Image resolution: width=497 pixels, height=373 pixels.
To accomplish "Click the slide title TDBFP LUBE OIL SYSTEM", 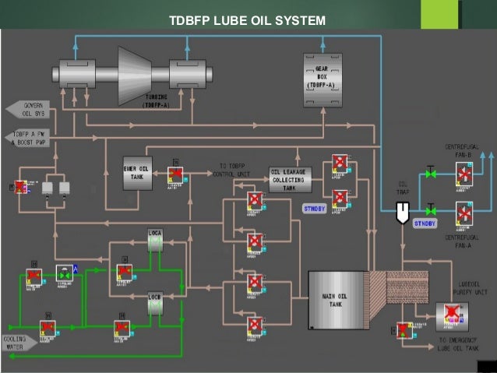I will pyautogui.click(x=247, y=19).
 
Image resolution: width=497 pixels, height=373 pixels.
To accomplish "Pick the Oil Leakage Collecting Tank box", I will pyautogui.click(x=289, y=179).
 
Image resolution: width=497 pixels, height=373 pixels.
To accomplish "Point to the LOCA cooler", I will pyautogui.click(x=155, y=240).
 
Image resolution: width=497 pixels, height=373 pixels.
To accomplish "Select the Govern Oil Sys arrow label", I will pyautogui.click(x=28, y=109).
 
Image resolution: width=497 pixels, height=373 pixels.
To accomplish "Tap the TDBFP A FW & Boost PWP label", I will pyautogui.click(x=30, y=138).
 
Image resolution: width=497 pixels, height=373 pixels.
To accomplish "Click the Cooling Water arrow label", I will pyautogui.click(x=17, y=342).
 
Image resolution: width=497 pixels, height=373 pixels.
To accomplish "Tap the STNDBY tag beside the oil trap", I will pyautogui.click(x=426, y=224).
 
